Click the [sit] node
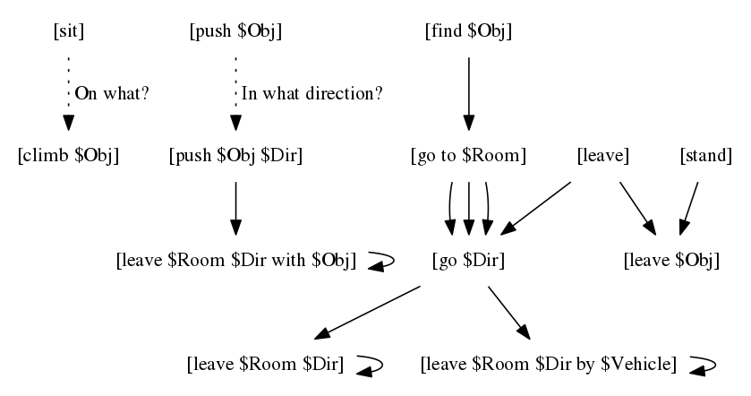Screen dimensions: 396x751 click(x=69, y=32)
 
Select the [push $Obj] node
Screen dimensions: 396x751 click(x=235, y=32)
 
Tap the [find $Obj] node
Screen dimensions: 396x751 click(x=467, y=32)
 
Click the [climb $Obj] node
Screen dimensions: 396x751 click(x=68, y=156)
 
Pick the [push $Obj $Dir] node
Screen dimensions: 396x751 click(x=235, y=156)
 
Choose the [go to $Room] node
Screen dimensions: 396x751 click(x=467, y=156)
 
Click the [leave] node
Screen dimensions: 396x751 click(x=603, y=156)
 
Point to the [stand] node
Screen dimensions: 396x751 click(x=705, y=156)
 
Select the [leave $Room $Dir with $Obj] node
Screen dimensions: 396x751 click(x=236, y=261)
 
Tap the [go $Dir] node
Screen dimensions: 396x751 click(x=468, y=261)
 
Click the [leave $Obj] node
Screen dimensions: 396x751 click(x=671, y=261)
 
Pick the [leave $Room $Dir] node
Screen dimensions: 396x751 click(x=265, y=365)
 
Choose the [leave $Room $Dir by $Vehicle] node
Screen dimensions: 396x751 click(x=548, y=365)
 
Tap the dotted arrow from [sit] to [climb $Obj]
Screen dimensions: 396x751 click(x=68, y=94)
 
